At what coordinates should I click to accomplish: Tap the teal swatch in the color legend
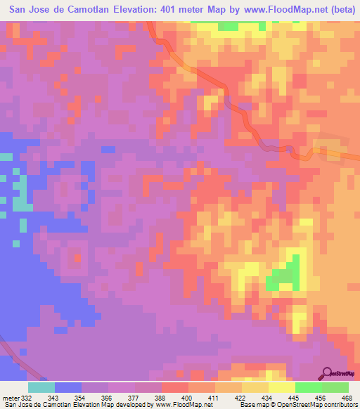coord(41,387)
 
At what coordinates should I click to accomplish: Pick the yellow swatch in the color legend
coord(281,387)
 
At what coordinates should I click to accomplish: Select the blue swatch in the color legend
coord(68,387)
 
